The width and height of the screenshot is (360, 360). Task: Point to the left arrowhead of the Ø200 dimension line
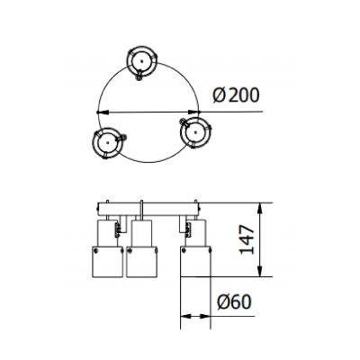click(x=102, y=112)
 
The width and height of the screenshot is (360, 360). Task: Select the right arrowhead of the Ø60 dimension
click(x=210, y=315)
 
